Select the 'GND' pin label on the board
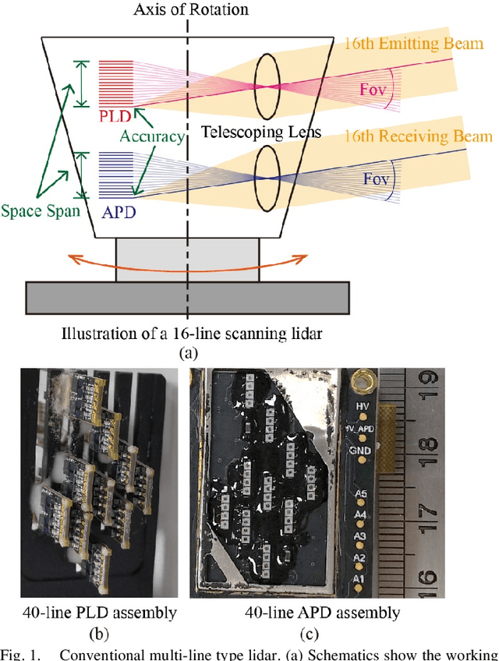click(x=361, y=451)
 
